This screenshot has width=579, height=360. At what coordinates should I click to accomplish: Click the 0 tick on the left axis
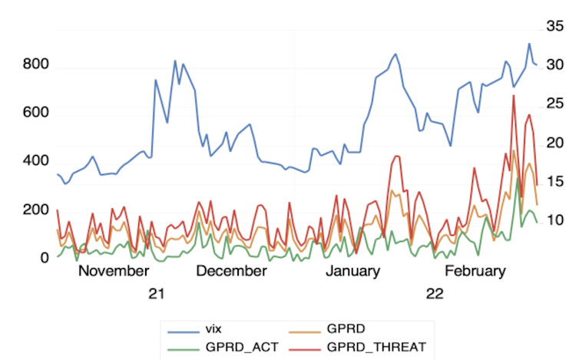(x=45, y=259)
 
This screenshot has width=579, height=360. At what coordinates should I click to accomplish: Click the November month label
(x=114, y=271)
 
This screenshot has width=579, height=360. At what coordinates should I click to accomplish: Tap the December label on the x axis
(x=231, y=271)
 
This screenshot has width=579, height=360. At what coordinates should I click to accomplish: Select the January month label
(x=352, y=271)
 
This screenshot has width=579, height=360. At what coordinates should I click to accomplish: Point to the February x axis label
(x=475, y=271)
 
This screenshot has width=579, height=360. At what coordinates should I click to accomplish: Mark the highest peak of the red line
(x=514, y=95)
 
